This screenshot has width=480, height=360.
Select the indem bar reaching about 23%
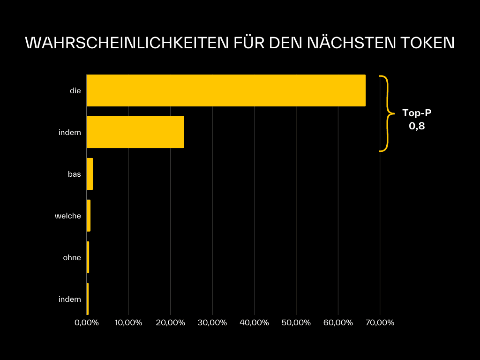[135, 132]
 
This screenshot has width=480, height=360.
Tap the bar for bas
[90, 174]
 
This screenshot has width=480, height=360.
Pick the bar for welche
[88, 216]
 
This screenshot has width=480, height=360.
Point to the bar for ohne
[88, 257]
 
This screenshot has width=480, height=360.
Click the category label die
[75, 90]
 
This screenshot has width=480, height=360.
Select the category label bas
[74, 174]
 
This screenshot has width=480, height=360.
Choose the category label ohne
[72, 257]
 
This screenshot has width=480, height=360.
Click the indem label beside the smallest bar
[69, 299]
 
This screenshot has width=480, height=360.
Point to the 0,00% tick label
[87, 323]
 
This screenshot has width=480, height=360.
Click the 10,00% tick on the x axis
[128, 323]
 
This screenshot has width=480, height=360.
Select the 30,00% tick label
[212, 323]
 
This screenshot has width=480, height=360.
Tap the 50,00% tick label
[296, 323]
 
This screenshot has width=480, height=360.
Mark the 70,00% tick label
[380, 323]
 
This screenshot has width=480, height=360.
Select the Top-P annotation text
[417, 113]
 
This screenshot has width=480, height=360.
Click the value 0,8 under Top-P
[417, 126]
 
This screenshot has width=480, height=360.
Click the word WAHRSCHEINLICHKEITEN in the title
[126, 43]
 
